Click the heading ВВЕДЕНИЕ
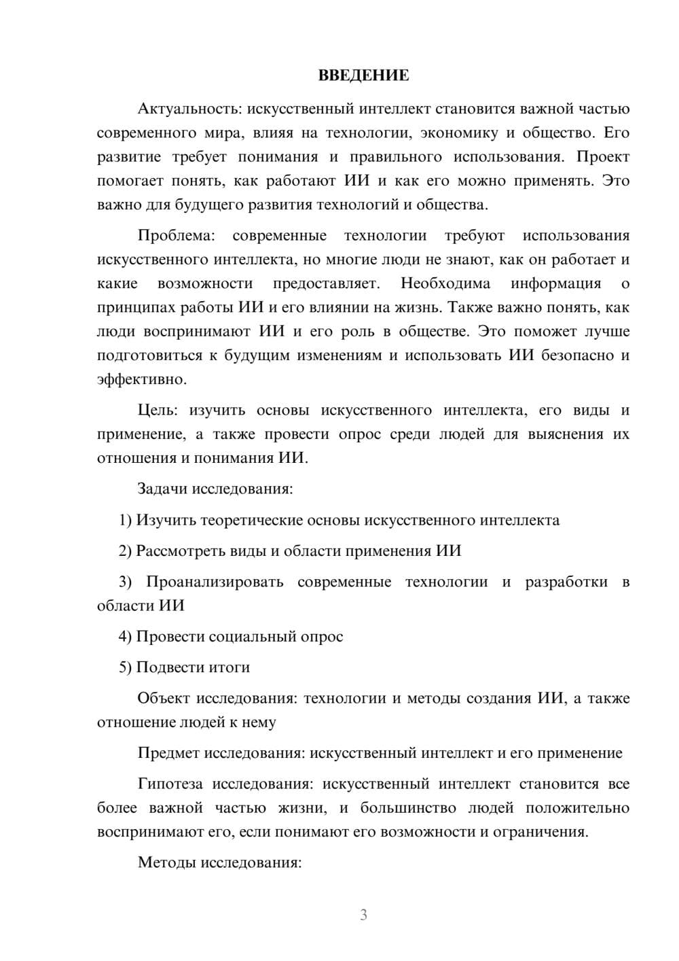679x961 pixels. pyautogui.click(x=363, y=75)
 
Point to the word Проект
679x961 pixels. pyautogui.click(x=603, y=156)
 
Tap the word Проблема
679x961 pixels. pyautogui.click(x=175, y=236)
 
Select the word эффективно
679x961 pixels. pyautogui.click(x=141, y=379)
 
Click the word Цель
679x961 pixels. pyautogui.click(x=157, y=410)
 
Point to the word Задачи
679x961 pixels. pyautogui.click(x=163, y=489)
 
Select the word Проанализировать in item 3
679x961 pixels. pyautogui.click(x=215, y=582)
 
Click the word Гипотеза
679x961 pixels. pyautogui.click(x=170, y=784)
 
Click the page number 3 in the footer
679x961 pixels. pyautogui.click(x=363, y=915)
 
